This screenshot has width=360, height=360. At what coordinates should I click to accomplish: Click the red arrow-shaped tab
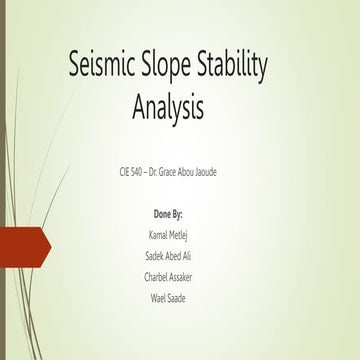pyautogui.click(x=22, y=248)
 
